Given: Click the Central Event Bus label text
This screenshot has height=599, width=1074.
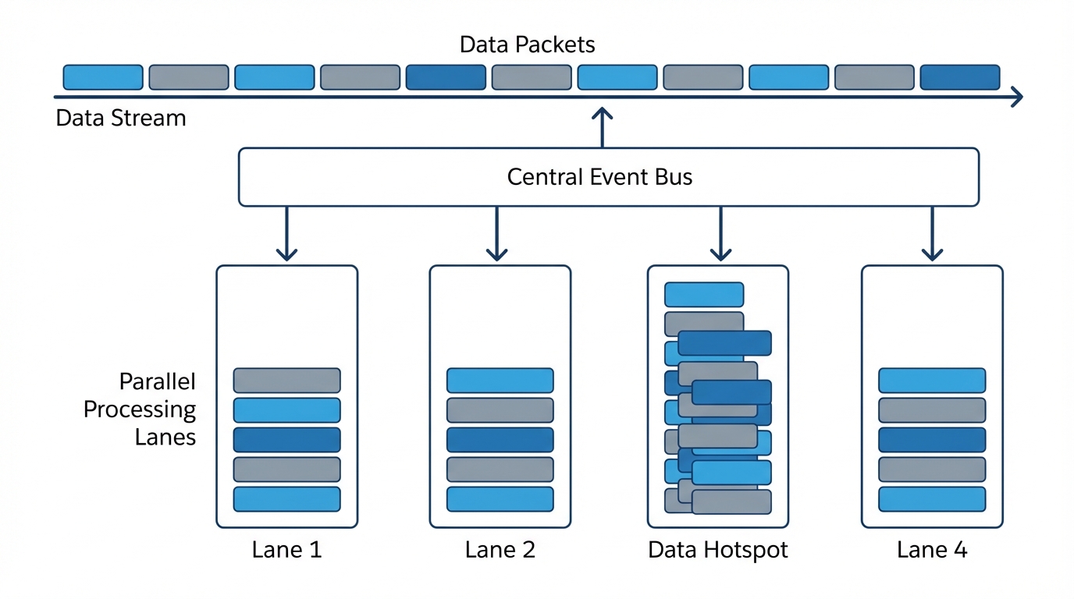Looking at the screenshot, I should pos(599,177).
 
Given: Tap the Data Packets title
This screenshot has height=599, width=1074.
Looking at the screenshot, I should pos(527,44).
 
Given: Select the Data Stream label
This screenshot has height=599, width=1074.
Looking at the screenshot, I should pos(121,119).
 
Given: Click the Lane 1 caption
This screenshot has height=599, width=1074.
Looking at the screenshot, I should pos(286,550).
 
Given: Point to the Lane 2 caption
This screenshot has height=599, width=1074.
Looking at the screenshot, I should pos(500,550).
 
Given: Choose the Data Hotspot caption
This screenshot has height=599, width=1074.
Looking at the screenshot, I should pos(717,550).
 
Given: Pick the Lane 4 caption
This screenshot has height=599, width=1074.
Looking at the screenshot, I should pos(932,550).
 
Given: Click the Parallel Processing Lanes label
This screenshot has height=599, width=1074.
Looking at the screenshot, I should pos(140,409).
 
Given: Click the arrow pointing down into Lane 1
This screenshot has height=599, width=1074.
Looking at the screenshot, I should pos(286,234).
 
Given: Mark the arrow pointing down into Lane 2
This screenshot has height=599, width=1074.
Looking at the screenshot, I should pos(496,234).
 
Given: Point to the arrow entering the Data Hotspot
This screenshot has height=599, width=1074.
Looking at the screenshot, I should pos(720,234).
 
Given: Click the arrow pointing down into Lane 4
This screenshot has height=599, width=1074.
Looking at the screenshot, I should pos(931,234).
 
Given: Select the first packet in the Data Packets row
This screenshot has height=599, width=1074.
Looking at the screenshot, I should pos(102,77).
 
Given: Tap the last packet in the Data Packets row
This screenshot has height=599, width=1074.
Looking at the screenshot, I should pos(959,77).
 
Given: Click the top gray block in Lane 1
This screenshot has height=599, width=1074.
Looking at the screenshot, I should pos(286,380).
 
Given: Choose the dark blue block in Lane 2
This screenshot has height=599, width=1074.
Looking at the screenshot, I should pos(500,440).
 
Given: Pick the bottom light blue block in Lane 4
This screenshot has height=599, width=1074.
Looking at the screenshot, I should pos(932,499).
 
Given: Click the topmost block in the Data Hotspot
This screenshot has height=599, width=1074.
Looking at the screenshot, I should pos(703,294).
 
